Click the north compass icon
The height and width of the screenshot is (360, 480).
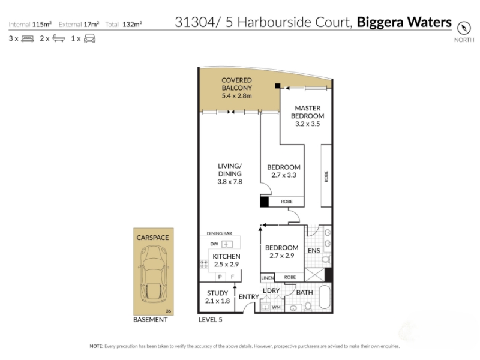[x=463, y=28]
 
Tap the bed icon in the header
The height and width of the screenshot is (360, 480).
[x=28, y=39]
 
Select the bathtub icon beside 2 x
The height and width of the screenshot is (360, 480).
[x=59, y=38]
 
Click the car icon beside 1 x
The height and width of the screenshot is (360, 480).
[x=89, y=39]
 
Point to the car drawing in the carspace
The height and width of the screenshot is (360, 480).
[x=154, y=274]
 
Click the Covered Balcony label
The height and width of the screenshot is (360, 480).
[x=236, y=88]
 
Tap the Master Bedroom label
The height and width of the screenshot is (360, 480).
[x=307, y=116]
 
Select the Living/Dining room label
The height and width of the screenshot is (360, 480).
[x=230, y=173]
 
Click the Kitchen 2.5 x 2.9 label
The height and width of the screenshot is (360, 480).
[x=226, y=260]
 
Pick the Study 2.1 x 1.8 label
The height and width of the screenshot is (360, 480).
[x=217, y=297]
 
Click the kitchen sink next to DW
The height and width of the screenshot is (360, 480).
[x=227, y=244]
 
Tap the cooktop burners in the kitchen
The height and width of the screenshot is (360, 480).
[x=204, y=264]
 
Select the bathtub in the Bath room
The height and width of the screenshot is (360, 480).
[x=325, y=297]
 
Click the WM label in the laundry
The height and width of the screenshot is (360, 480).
[x=276, y=307]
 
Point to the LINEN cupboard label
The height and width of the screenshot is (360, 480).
[x=268, y=278]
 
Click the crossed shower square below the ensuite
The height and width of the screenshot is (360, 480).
[x=314, y=275]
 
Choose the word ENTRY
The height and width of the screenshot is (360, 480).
[x=248, y=296]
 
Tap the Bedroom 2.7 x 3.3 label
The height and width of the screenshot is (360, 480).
[x=283, y=171]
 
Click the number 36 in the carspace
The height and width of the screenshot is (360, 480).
[x=169, y=311]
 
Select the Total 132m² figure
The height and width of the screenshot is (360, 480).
[x=124, y=24]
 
